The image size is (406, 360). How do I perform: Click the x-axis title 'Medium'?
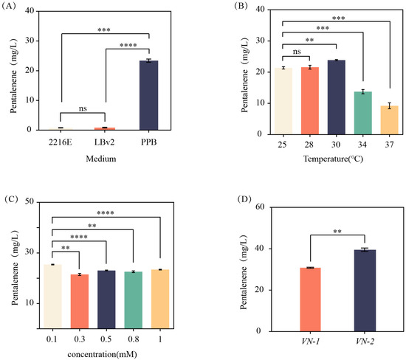pos(107,154)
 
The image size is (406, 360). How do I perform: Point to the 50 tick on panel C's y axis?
pos(33,201)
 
